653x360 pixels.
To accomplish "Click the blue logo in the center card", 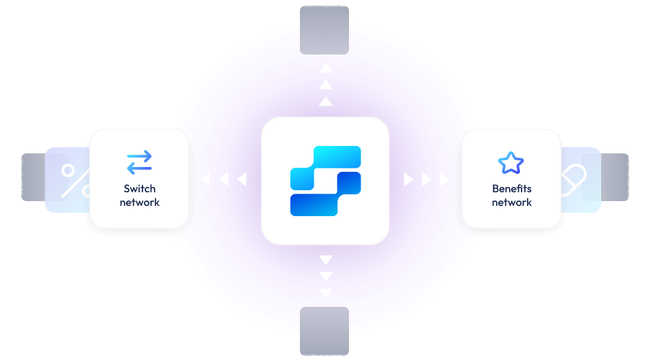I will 325,181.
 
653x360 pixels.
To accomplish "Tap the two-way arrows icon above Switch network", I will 140,162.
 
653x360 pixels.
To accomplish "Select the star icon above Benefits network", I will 511,163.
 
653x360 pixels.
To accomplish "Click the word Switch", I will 140,189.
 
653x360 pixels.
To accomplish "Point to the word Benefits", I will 512,189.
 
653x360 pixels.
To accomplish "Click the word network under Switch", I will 140,202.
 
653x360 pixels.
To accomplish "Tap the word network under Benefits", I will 512,202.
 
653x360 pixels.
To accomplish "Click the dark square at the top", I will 324,29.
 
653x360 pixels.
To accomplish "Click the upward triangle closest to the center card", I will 326,102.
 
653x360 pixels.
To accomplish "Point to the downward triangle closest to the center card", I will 326,260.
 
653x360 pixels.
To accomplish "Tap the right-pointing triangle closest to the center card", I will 408,179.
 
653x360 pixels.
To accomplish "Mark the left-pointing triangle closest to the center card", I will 241,179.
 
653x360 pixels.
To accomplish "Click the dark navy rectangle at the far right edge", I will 616,177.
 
